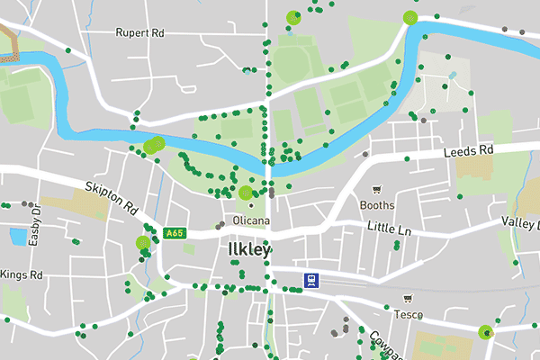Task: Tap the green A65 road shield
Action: click(175, 234)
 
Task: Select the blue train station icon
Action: click(310, 279)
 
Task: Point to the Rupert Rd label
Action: click(139, 32)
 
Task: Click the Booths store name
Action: click(377, 204)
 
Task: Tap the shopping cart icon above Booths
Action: click(377, 190)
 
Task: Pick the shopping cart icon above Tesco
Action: click(409, 299)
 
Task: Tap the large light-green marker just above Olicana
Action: click(245, 192)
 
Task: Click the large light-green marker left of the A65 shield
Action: click(142, 242)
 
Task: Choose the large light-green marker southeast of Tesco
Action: click(487, 332)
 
